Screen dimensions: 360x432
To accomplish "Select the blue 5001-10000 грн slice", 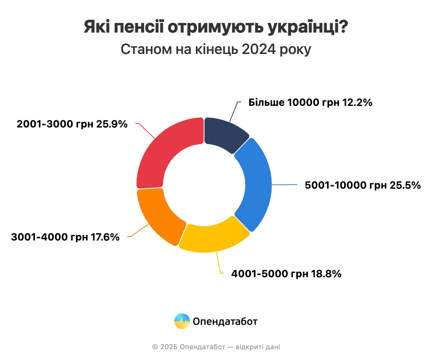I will (256, 184).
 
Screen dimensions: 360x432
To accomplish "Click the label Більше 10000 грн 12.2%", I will (310, 103).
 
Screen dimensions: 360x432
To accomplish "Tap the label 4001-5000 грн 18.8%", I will (286, 274).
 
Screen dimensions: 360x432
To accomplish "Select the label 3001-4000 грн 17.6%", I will (65, 237).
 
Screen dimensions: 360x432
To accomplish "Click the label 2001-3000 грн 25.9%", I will (72, 124).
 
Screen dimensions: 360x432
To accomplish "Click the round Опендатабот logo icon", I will (182, 321).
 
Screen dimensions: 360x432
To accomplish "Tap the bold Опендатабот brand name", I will (225, 321).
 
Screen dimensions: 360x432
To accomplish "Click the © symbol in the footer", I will (155, 347).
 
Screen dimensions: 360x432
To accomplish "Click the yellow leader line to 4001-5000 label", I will (219, 263).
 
